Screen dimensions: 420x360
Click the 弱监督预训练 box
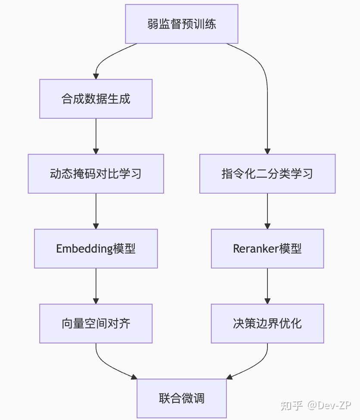tap(181, 24)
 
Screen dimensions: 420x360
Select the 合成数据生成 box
tap(96, 99)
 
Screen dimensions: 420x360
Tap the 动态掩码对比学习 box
tap(96, 174)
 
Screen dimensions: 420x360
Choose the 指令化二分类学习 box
tap(267, 174)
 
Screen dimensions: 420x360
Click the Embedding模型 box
tap(96, 249)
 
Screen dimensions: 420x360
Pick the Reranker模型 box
tap(267, 249)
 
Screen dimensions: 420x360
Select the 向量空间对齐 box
tap(96, 324)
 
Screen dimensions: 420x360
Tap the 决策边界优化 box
tap(267, 324)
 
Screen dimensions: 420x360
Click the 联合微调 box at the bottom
tap(181, 398)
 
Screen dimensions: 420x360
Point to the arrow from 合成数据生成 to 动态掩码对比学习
tap(96, 136)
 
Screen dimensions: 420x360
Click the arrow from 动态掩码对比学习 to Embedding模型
tap(96, 211)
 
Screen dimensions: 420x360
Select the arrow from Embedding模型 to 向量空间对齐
tap(96, 286)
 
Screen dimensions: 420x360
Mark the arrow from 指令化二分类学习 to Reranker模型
tap(267, 211)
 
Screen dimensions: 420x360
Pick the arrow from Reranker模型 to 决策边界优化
tap(267, 286)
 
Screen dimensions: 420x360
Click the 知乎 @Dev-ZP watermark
tap(315, 405)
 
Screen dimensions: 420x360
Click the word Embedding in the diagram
tap(84, 249)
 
